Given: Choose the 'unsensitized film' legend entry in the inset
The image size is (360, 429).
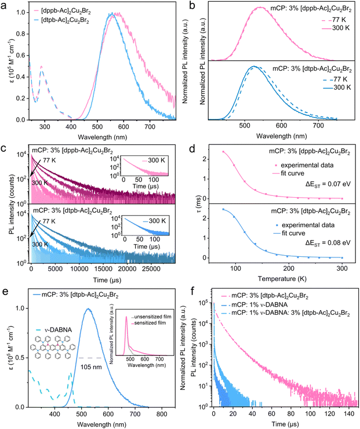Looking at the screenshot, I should click(x=148, y=319).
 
